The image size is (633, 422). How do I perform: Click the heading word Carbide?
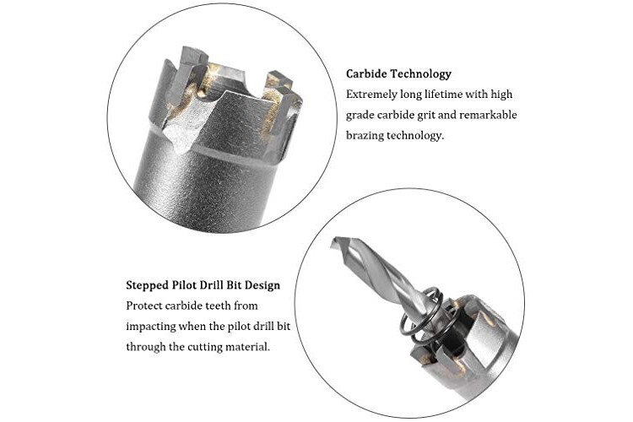point(367,74)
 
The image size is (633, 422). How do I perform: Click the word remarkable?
point(488,115)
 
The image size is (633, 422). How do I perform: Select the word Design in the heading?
point(262,285)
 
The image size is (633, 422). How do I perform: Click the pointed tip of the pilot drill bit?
point(333,241)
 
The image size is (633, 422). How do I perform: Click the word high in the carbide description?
point(501,95)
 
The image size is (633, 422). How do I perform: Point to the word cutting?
point(203,347)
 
